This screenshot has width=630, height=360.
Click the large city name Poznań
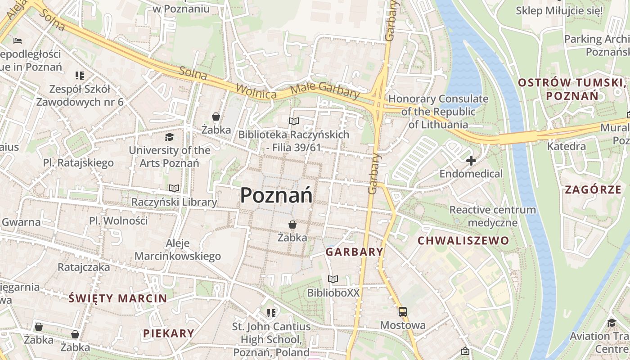click(276, 195)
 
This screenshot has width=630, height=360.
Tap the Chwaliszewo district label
click(463, 240)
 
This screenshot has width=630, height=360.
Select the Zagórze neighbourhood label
click(593, 189)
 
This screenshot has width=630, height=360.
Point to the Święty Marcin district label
click(118, 298)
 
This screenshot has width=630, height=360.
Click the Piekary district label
click(169, 333)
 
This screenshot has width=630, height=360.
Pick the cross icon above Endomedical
click(471, 161)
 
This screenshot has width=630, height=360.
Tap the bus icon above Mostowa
click(402, 311)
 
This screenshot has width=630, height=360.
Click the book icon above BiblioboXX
click(333, 279)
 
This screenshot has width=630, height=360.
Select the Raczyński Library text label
click(174, 202)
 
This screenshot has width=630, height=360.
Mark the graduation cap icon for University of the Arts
click(169, 137)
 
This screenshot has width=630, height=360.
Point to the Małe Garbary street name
click(325, 90)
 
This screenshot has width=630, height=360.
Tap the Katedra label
click(566, 146)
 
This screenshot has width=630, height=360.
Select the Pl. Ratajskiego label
click(78, 162)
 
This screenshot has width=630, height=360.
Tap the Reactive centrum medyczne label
click(493, 216)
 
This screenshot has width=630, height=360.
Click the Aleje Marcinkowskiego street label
click(178, 250)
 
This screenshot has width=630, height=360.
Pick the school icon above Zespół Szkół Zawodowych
click(80, 75)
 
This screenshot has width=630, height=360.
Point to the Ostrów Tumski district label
click(571, 89)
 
